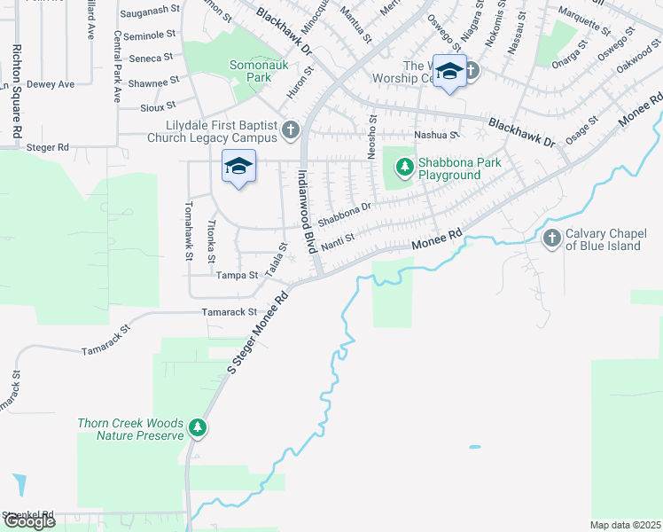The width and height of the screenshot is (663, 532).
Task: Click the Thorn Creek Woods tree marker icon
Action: [x=199, y=430]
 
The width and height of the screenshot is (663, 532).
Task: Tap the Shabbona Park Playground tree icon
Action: [x=404, y=167]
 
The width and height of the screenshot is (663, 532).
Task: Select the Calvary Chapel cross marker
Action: [x=551, y=238]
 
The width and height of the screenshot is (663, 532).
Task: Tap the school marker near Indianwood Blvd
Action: [x=238, y=167]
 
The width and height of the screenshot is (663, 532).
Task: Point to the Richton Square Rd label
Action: [x=16, y=92]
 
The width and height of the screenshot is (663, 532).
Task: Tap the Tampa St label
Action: [x=239, y=275]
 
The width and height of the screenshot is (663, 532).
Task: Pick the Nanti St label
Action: [x=337, y=240]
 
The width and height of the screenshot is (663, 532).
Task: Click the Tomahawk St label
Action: [x=188, y=230]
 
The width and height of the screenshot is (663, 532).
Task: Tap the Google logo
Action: [x=30, y=520]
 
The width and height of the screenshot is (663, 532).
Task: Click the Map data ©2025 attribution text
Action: [x=625, y=525]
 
